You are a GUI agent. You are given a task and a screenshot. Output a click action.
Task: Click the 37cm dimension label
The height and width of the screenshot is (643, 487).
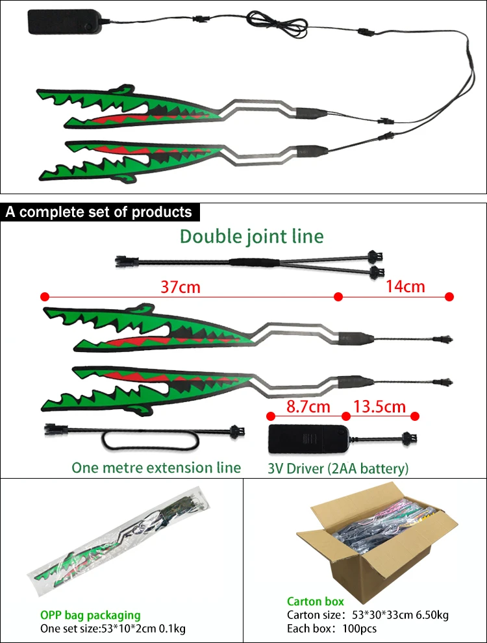tap(181, 287)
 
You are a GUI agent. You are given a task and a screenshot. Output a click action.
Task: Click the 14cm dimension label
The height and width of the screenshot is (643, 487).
tap(405, 286)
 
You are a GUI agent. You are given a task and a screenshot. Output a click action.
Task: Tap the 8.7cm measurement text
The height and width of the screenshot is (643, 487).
tap(308, 407)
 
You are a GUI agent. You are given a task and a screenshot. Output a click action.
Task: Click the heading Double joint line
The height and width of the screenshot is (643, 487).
tap(251, 236)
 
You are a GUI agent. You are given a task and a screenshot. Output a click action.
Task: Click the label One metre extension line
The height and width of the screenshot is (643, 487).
tap(156, 468)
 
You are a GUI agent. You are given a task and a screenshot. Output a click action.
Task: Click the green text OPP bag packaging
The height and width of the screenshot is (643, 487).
tap(90, 615)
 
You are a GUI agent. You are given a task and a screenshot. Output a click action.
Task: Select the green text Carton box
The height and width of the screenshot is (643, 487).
tap(316, 602)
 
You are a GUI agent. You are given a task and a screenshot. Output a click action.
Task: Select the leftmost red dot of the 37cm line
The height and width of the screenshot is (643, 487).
tap(44, 297)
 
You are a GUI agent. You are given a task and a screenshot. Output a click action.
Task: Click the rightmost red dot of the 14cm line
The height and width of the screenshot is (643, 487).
tap(449, 297)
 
